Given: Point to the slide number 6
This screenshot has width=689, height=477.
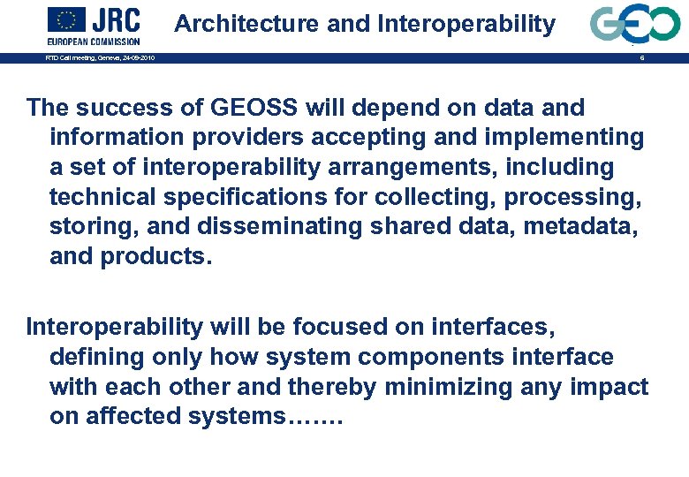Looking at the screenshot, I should [642, 58].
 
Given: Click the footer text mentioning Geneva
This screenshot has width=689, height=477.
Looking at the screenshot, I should [100, 58].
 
